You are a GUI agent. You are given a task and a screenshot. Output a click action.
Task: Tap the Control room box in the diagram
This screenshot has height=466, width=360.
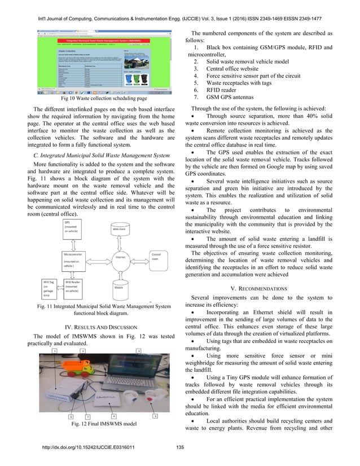click(159, 258)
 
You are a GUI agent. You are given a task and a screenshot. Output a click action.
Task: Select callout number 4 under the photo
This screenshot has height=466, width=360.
click(113, 416)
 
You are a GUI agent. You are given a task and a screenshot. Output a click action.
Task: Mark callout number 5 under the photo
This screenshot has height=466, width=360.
click(155, 416)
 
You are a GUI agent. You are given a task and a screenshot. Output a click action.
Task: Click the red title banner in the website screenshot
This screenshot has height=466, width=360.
click(107, 41)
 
